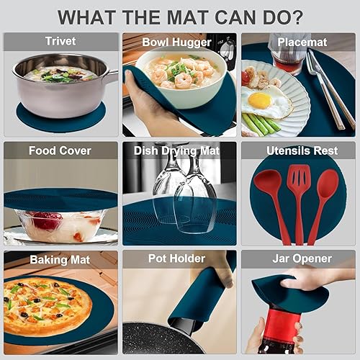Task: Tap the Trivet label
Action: click(60, 41)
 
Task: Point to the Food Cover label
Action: click(60, 150)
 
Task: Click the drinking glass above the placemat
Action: click(288, 54)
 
